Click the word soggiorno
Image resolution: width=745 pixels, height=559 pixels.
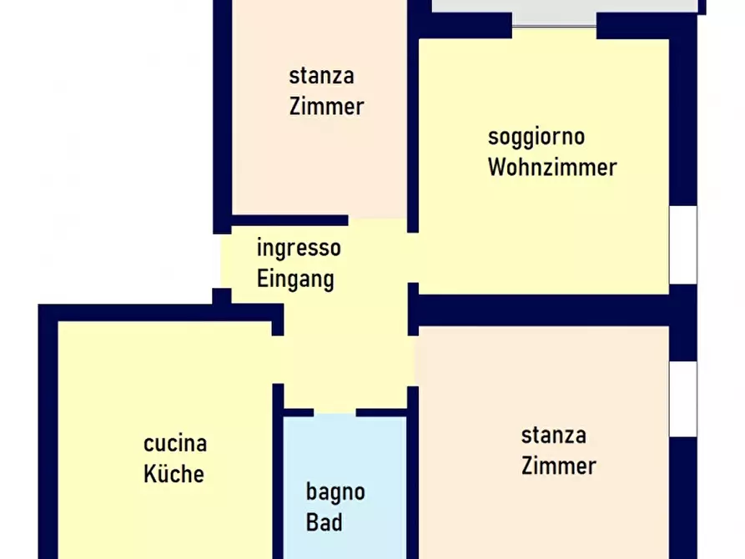pyautogui.click(x=536, y=137)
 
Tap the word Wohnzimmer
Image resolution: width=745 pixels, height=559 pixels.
pyautogui.click(x=551, y=167)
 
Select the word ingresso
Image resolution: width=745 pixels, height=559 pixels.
pyautogui.click(x=298, y=248)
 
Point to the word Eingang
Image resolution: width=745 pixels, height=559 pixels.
pyautogui.click(x=295, y=278)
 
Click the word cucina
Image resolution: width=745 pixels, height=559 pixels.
pyautogui.click(x=174, y=443)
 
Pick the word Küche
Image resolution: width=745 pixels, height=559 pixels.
pyautogui.click(x=174, y=474)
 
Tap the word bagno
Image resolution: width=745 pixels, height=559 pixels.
pyautogui.click(x=335, y=491)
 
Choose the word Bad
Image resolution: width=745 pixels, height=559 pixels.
pyautogui.click(x=324, y=522)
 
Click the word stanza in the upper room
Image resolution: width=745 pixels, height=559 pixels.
pyautogui.click(x=321, y=76)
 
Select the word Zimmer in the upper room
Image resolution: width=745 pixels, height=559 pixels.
pyautogui.click(x=326, y=107)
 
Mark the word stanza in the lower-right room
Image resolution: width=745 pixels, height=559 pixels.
pyautogui.click(x=553, y=435)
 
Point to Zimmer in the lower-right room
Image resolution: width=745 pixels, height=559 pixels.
pyautogui.click(x=558, y=466)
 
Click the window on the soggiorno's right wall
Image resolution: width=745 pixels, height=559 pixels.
pyautogui.click(x=683, y=244)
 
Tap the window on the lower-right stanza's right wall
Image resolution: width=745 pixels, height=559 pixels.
pyautogui.click(x=683, y=399)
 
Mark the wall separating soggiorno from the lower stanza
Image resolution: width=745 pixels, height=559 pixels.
pyautogui.click(x=551, y=310)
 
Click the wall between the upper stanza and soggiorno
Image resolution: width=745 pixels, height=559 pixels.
pyautogui.click(x=412, y=125)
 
